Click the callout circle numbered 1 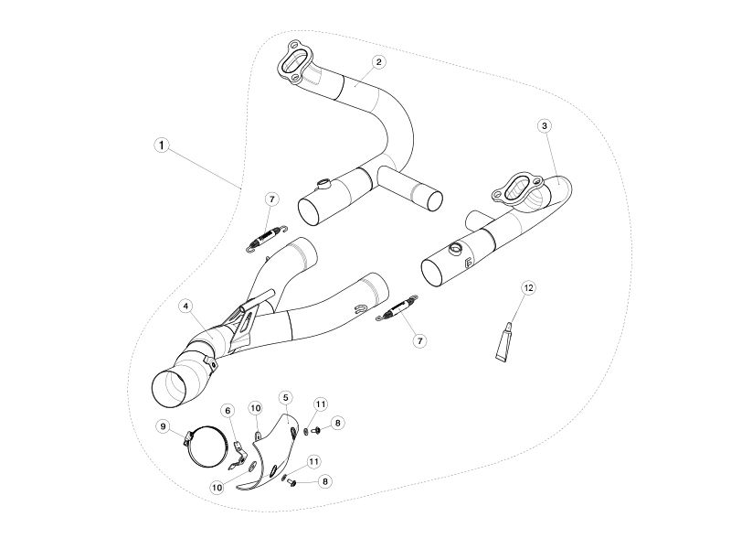(162, 145)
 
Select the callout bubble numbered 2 (379, 61)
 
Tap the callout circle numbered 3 (544, 125)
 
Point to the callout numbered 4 (186, 307)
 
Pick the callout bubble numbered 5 (285, 397)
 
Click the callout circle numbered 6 (228, 410)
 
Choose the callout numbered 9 (163, 426)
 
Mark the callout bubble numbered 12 (528, 287)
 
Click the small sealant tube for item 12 (504, 341)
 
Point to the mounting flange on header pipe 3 (517, 188)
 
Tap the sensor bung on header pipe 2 (323, 184)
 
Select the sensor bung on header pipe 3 (454, 248)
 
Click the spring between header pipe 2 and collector (267, 238)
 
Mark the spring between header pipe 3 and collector (397, 308)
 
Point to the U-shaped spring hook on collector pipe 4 (360, 308)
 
